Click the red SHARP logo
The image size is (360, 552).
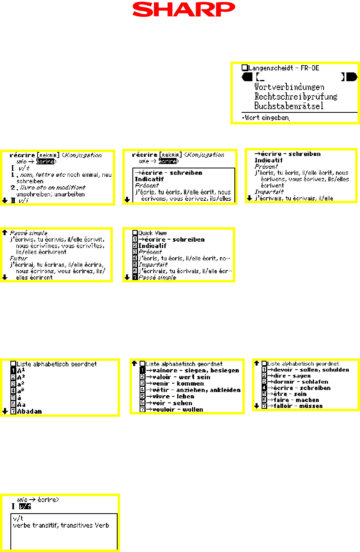[184, 10]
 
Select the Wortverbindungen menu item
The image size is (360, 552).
[289, 87]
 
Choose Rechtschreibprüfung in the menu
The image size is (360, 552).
[296, 96]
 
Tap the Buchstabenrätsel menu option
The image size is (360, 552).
[289, 106]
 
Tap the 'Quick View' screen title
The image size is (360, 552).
[152, 233]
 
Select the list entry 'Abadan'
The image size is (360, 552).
[29, 411]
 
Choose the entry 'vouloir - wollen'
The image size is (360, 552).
[177, 410]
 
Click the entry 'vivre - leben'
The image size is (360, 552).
[173, 396]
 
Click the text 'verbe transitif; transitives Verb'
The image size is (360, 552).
[61, 525]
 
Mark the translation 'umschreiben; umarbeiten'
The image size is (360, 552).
[50, 194]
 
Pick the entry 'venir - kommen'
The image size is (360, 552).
[178, 384]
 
